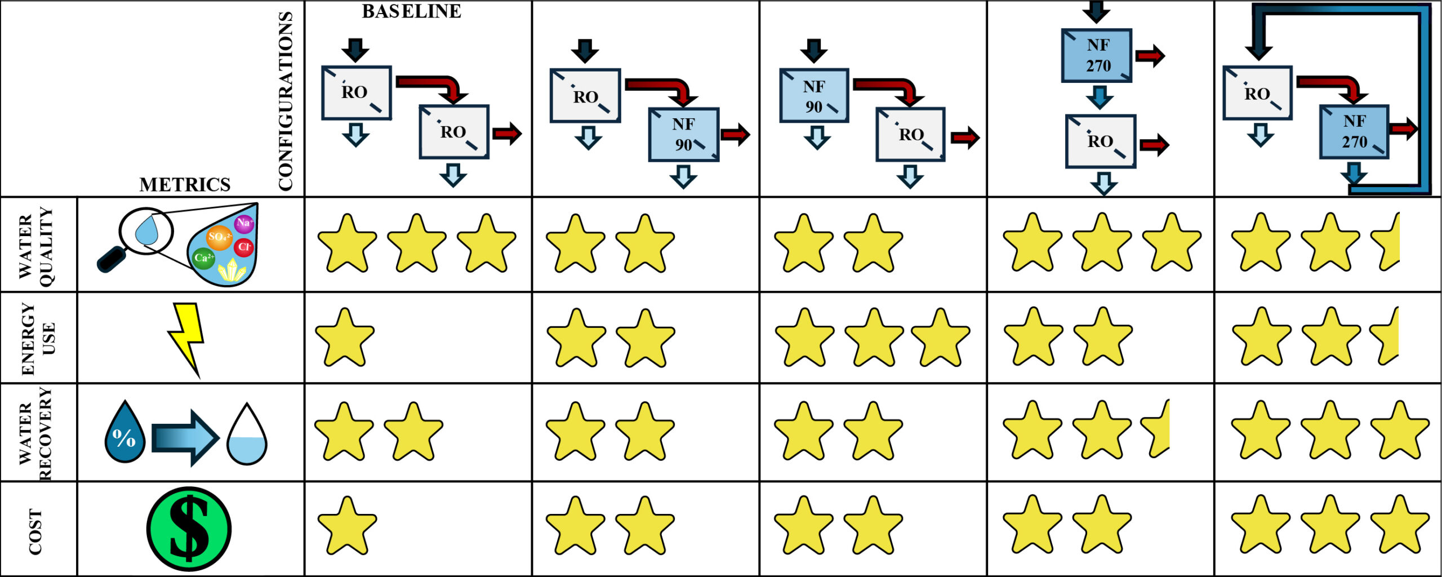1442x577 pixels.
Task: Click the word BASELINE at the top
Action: click(x=411, y=11)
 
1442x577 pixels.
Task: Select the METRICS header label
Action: click(x=185, y=185)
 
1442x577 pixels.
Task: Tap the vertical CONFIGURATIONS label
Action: click(x=286, y=101)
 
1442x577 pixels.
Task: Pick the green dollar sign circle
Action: click(x=189, y=529)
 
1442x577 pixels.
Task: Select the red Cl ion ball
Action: click(x=244, y=247)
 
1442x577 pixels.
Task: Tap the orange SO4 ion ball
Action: click(x=219, y=237)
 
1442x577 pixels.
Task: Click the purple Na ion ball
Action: click(x=244, y=223)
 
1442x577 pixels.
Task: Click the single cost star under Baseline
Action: click(x=347, y=525)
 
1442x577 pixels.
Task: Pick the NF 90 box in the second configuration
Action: click(x=683, y=135)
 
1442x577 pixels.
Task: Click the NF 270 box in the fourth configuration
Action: click(x=1096, y=55)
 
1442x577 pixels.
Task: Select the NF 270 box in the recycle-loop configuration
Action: click(x=1354, y=131)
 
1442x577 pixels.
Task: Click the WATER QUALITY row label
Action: click(x=37, y=245)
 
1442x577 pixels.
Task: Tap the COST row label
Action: click(x=35, y=531)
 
